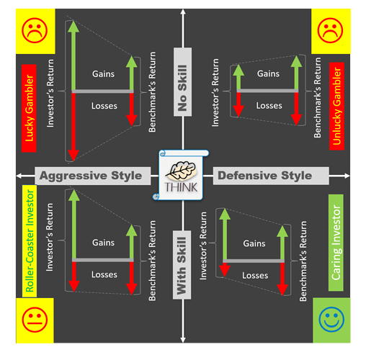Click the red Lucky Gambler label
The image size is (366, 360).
pos(29,108)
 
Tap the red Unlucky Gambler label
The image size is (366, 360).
pos(336,107)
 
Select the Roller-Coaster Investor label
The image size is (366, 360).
pos(30,241)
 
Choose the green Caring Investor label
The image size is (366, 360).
pos(336,243)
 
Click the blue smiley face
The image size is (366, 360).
pos(331,320)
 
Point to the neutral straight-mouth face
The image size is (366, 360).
pos(35,320)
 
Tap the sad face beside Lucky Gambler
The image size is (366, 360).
pos(35,30)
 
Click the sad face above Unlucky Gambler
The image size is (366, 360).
pos(330,30)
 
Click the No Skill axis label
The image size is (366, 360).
pos(182,82)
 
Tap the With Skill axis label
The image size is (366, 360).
pos(182,265)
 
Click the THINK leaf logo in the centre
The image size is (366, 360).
pos(181,175)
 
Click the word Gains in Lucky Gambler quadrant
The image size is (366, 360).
pos(103,74)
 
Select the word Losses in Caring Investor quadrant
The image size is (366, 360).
pos(255,275)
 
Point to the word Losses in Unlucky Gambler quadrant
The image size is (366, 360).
pos(269,106)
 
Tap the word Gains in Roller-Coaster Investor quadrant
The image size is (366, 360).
pos(103,243)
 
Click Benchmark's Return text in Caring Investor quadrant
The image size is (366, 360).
pos(303,261)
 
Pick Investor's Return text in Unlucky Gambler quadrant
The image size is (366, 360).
pos(215,92)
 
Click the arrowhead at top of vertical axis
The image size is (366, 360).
pos(183,12)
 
